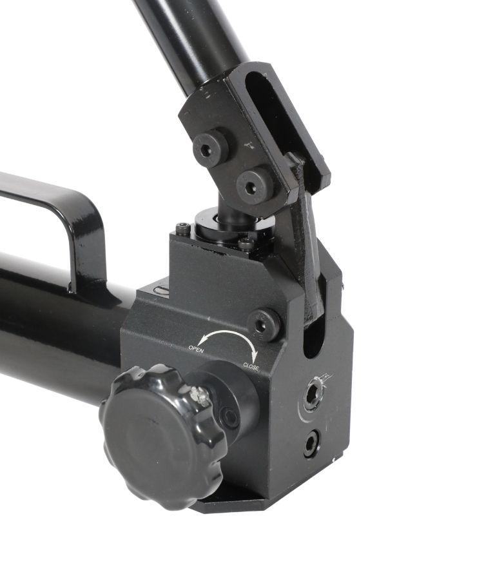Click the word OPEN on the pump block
click(196, 348)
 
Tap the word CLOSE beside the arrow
click(251, 366)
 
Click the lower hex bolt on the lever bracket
click(254, 185)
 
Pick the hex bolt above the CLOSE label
click(264, 324)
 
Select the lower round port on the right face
click(312, 443)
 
